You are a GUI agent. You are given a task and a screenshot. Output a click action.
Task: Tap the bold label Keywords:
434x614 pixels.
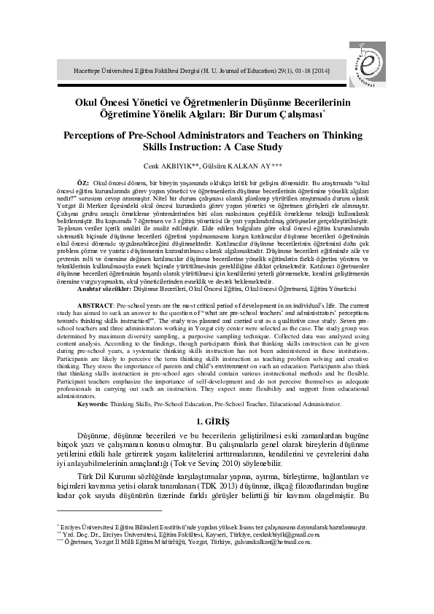pos(93,403)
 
